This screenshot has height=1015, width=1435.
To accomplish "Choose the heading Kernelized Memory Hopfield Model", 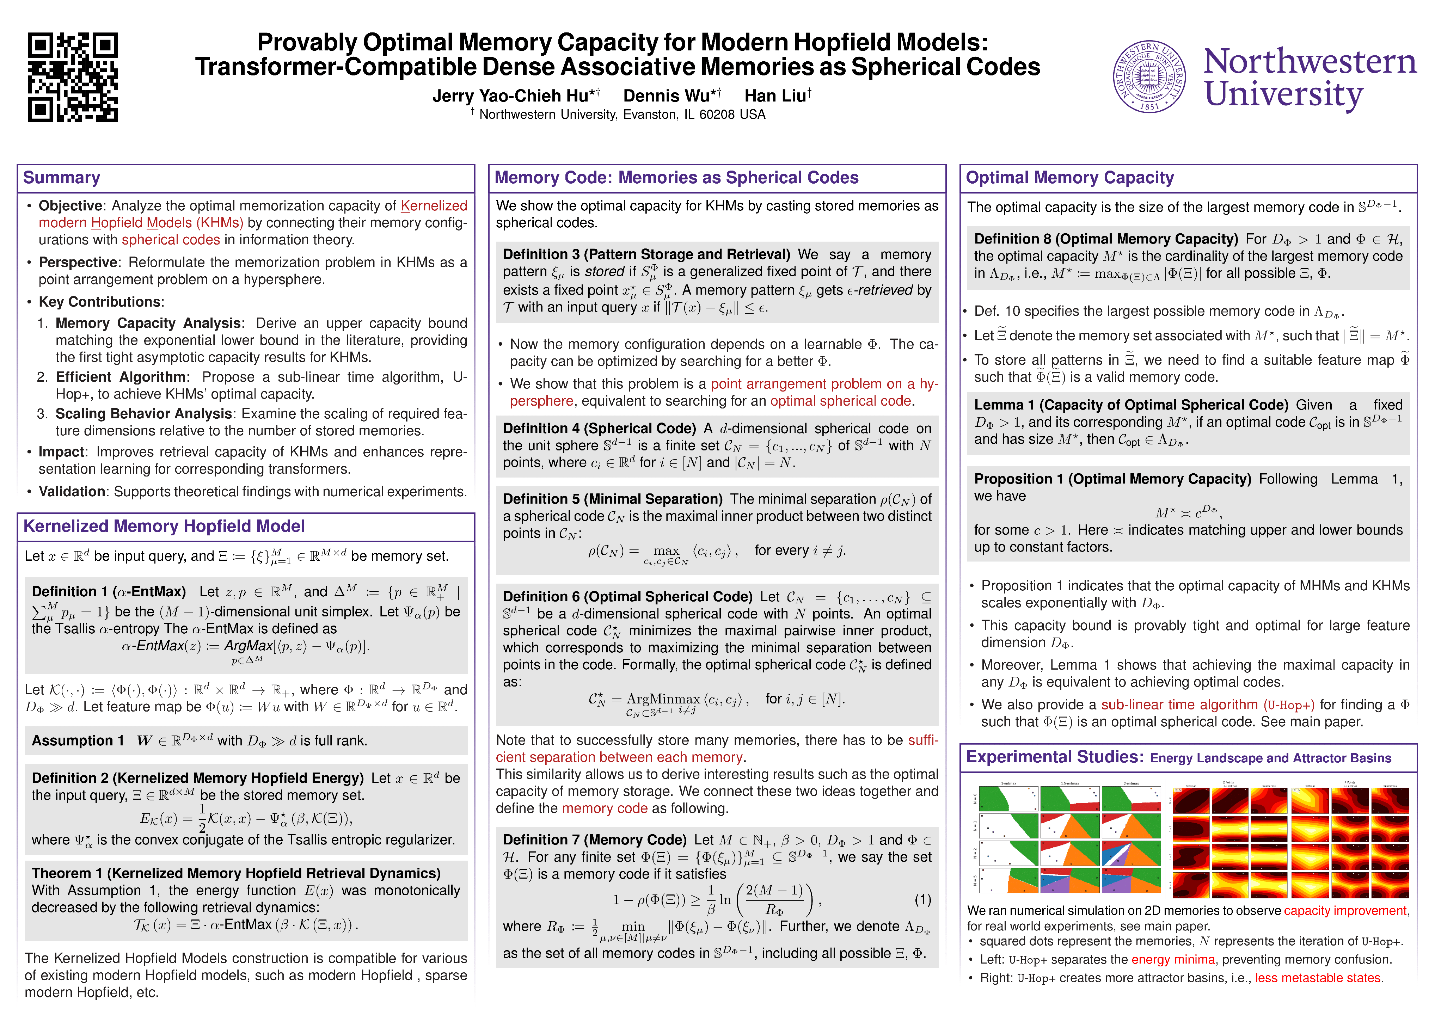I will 164,526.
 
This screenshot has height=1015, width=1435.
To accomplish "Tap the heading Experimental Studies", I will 1054,757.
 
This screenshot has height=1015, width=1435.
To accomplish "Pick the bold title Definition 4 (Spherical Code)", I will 599,429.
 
